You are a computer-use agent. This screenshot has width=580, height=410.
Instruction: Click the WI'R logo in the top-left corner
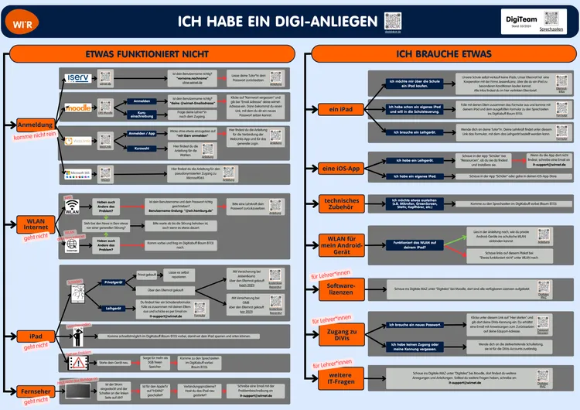(17, 22)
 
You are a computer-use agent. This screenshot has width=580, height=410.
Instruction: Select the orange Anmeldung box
(34, 125)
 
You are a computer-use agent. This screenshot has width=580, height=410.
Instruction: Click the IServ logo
(80, 79)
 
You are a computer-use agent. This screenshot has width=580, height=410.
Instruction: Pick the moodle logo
(80, 108)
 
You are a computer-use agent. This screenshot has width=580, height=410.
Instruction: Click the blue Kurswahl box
(143, 148)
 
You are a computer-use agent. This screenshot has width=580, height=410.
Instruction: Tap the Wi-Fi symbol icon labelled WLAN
(72, 209)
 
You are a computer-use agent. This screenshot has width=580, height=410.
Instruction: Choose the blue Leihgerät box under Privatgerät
(113, 308)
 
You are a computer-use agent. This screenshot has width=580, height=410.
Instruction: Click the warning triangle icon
(78, 361)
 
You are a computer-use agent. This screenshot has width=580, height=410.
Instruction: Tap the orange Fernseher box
(35, 391)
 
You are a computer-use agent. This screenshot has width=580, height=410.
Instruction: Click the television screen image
(78, 392)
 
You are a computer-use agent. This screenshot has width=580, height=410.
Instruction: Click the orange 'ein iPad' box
(340, 110)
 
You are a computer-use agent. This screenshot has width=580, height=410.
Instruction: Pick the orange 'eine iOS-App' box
(340, 168)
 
